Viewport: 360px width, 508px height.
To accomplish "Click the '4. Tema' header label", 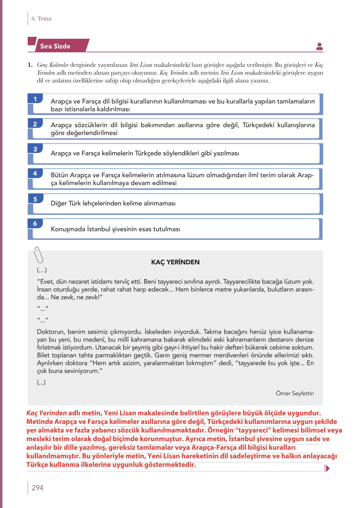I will [41, 19].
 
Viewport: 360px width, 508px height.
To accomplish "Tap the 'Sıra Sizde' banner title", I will [55, 46].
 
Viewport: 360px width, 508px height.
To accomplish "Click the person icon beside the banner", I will [319, 47].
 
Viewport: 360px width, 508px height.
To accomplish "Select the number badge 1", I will [35, 99].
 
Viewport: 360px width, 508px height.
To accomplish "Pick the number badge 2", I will [35, 124].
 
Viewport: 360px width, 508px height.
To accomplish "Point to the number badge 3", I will [35, 149].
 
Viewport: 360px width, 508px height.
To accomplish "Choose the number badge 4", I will [35, 173].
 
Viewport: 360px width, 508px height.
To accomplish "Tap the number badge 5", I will [35, 199].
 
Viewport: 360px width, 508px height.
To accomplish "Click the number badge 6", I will [35, 224].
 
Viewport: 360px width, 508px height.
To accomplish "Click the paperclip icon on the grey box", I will [38, 255].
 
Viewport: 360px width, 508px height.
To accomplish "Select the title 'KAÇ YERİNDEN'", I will [175, 262].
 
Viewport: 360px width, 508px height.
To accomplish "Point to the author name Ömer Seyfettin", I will [295, 393].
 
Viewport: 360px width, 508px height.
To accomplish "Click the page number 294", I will [37, 487].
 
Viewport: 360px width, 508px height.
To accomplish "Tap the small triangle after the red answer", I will [327, 468].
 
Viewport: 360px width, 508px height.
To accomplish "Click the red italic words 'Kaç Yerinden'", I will [47, 413].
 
